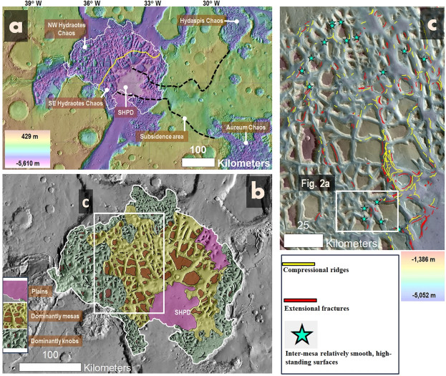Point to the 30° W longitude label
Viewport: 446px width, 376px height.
[x=207, y=4]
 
